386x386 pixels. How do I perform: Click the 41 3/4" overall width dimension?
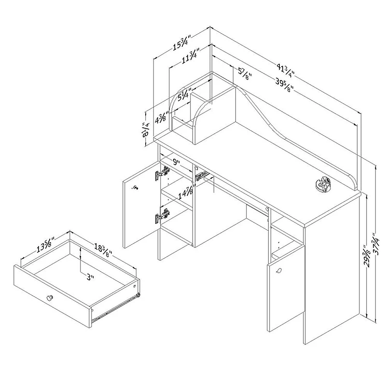286,70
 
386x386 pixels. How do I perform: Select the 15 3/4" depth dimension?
182,43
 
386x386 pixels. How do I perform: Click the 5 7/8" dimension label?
245,74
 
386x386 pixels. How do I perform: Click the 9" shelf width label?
176,162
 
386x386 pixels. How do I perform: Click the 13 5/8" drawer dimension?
45,245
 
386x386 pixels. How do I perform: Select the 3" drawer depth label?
91,277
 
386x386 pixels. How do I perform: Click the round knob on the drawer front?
50,297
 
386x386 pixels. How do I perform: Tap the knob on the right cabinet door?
279,271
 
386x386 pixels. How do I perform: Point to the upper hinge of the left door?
163,173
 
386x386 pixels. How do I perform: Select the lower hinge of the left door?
163,215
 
